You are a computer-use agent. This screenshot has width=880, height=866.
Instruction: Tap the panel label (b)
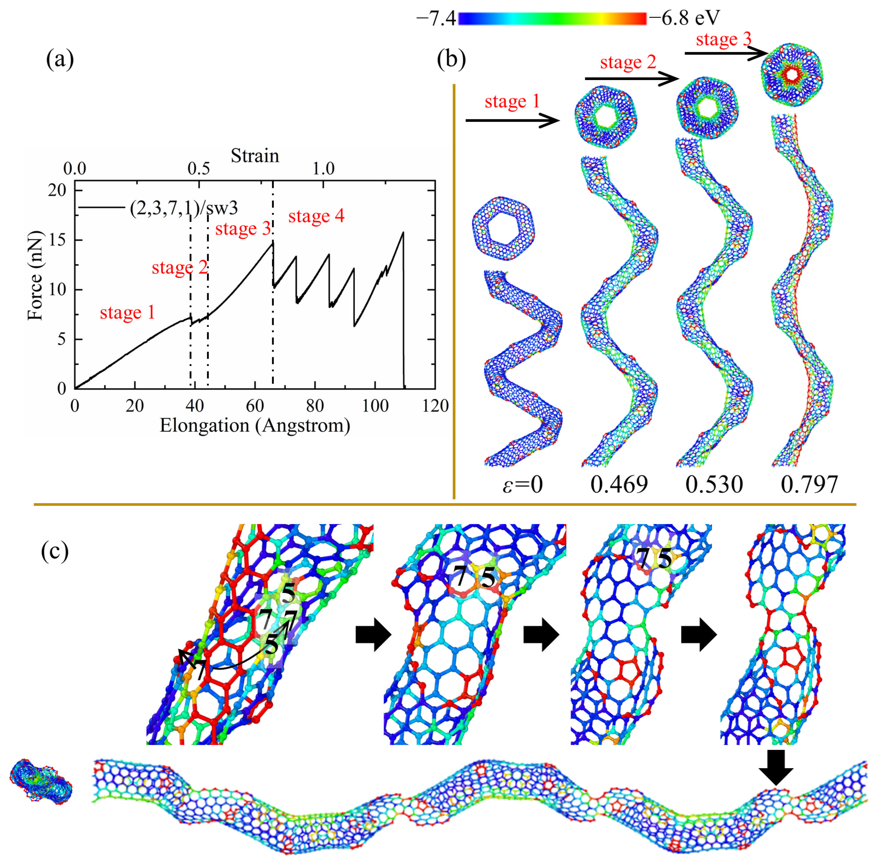(x=451, y=60)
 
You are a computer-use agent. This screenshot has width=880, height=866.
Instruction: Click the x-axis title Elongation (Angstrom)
(x=255, y=425)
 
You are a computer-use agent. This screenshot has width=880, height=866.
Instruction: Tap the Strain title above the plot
(x=255, y=156)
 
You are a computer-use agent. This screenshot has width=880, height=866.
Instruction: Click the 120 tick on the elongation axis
(x=435, y=405)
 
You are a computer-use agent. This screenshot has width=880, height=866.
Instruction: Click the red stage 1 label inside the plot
(x=127, y=313)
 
